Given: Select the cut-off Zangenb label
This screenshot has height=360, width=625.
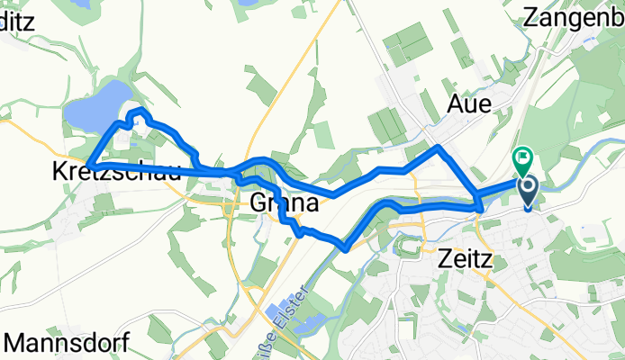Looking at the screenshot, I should [574, 16].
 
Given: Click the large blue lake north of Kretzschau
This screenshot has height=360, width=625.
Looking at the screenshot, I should [99, 105].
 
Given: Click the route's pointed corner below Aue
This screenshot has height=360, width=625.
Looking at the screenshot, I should [438, 147].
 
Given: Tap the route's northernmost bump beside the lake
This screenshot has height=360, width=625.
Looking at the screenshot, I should [138, 111].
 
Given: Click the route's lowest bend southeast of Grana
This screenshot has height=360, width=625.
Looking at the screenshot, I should [344, 246].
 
